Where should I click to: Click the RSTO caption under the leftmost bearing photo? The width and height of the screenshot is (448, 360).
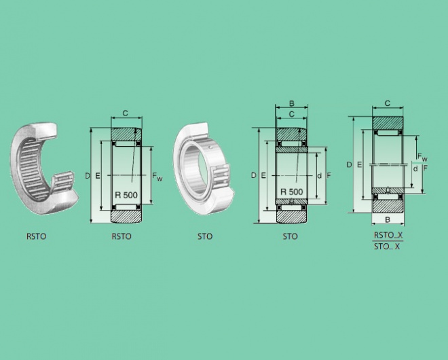coord(36,236)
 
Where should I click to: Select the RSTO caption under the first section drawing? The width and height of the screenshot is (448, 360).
coord(122,236)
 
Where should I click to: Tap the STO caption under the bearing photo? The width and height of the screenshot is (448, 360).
coord(205,236)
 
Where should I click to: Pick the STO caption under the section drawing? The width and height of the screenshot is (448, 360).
coord(290,236)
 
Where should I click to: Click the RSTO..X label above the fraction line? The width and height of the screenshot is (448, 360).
coord(388,235)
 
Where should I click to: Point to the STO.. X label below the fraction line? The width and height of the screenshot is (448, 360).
coord(387,247)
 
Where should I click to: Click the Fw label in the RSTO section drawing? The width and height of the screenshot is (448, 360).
coord(157,177)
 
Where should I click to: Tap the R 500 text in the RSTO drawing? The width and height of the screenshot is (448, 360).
coord(126,195)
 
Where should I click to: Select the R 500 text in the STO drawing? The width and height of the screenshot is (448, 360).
coord(291,192)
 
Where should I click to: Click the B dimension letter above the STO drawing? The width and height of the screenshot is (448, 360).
coord(292,103)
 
